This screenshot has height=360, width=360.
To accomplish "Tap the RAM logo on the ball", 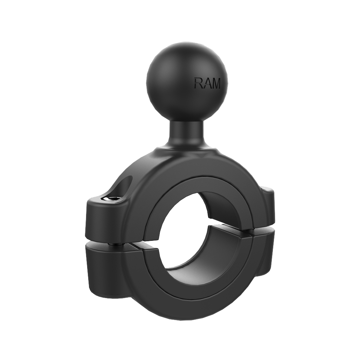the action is coord(207,83).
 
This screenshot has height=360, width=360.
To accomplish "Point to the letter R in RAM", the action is coord(198,83).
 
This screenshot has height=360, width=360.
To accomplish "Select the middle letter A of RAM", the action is coord(207,83).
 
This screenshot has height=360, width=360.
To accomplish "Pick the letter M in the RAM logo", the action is coord(216,84).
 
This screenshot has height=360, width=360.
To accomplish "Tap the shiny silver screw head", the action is coord(111,199).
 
